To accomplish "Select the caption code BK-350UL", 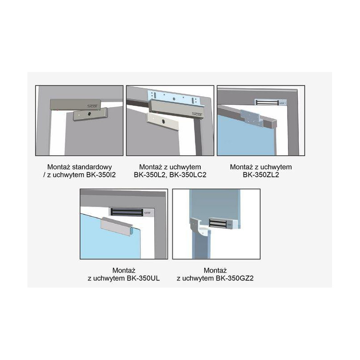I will click(x=139, y=279).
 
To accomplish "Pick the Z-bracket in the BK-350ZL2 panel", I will click(x=251, y=117).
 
